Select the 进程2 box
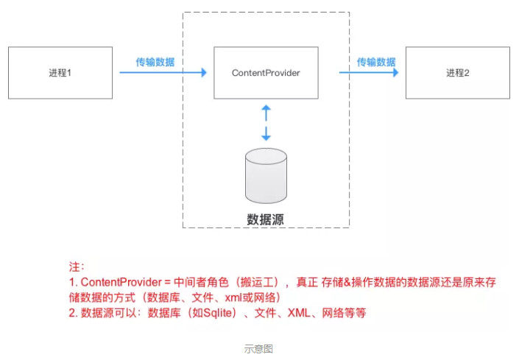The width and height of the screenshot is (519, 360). coord(457,73)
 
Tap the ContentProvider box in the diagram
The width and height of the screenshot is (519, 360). coord(266,73)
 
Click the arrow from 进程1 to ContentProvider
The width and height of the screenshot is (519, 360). coord(163,73)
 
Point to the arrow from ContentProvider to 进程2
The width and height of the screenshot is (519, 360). coord(368,73)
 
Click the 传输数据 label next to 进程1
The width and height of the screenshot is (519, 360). coord(155,62)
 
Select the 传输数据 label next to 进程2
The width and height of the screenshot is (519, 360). coord(376,62)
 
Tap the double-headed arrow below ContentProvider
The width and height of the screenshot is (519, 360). coord(266,122)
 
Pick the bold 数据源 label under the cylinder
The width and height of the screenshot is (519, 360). coord(266,219)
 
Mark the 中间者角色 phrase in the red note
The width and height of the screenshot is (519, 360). coord(203,283)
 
